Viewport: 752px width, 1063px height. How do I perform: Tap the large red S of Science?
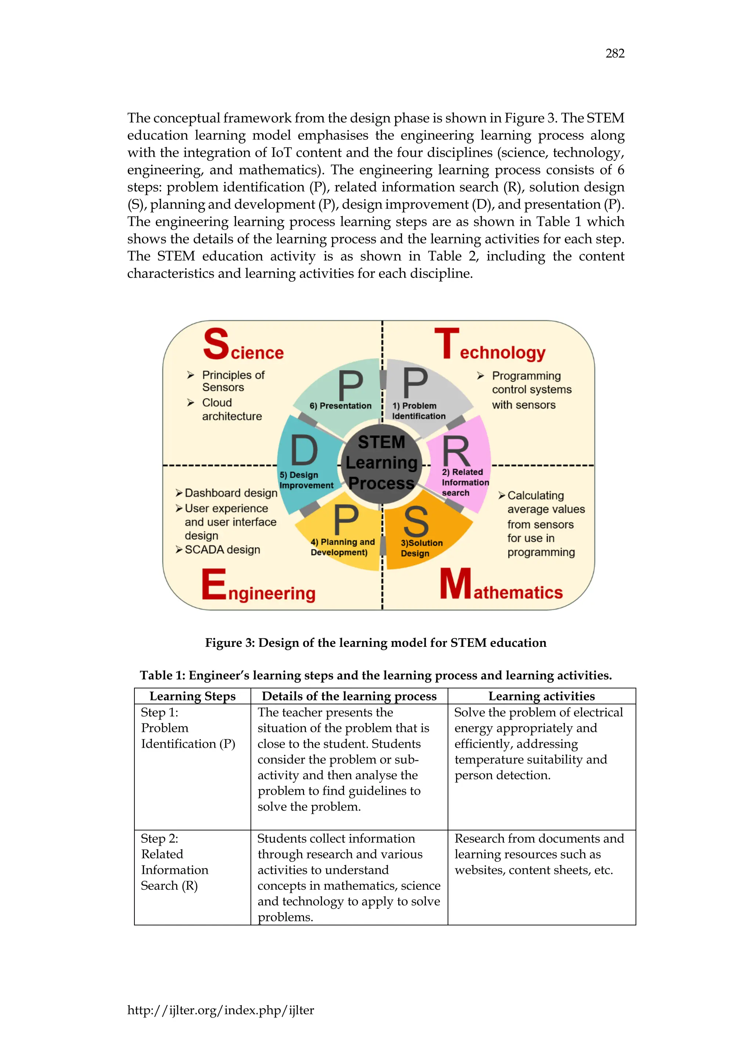(x=216, y=344)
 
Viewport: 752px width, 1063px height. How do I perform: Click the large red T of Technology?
(x=446, y=344)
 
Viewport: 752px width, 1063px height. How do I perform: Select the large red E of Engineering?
(x=213, y=584)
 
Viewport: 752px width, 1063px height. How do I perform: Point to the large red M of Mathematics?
(x=455, y=584)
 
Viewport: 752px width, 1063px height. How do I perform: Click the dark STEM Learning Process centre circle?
(x=382, y=463)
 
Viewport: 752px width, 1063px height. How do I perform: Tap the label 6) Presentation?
(x=340, y=406)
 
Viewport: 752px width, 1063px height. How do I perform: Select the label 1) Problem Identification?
(x=418, y=411)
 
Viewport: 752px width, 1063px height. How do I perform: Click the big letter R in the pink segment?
(x=456, y=451)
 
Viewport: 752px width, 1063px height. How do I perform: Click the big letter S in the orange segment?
(x=416, y=522)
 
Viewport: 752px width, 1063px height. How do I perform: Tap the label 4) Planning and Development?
(x=342, y=547)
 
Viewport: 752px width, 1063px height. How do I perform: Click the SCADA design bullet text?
(x=222, y=550)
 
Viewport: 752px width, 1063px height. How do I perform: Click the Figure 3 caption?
(x=376, y=643)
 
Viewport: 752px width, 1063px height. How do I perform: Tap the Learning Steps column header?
(x=192, y=696)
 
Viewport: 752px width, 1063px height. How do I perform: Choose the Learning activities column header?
(x=541, y=696)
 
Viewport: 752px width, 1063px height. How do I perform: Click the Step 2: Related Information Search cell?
(x=174, y=862)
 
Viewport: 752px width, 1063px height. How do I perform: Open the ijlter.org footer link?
(x=220, y=1010)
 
